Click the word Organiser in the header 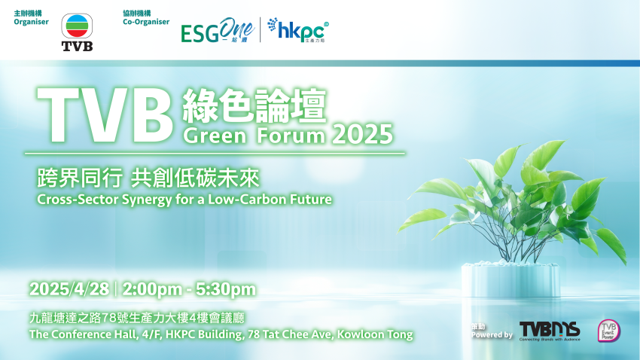point(31,23)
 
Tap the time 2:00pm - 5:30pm point(189,289)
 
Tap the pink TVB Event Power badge point(608,330)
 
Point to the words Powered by point(492,334)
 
